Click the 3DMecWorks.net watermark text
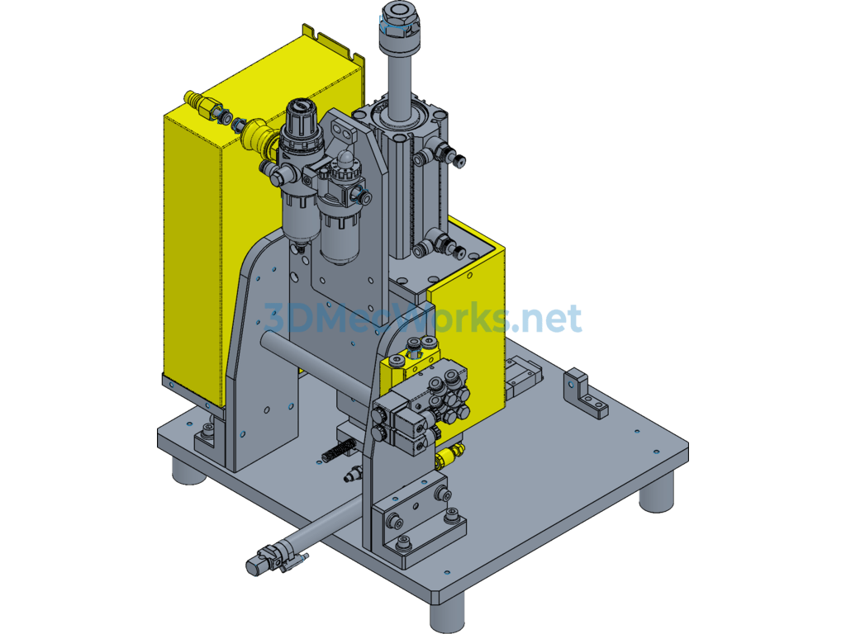(423, 318)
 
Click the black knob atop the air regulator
(300, 116)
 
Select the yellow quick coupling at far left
(197, 102)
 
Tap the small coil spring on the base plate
(338, 451)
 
